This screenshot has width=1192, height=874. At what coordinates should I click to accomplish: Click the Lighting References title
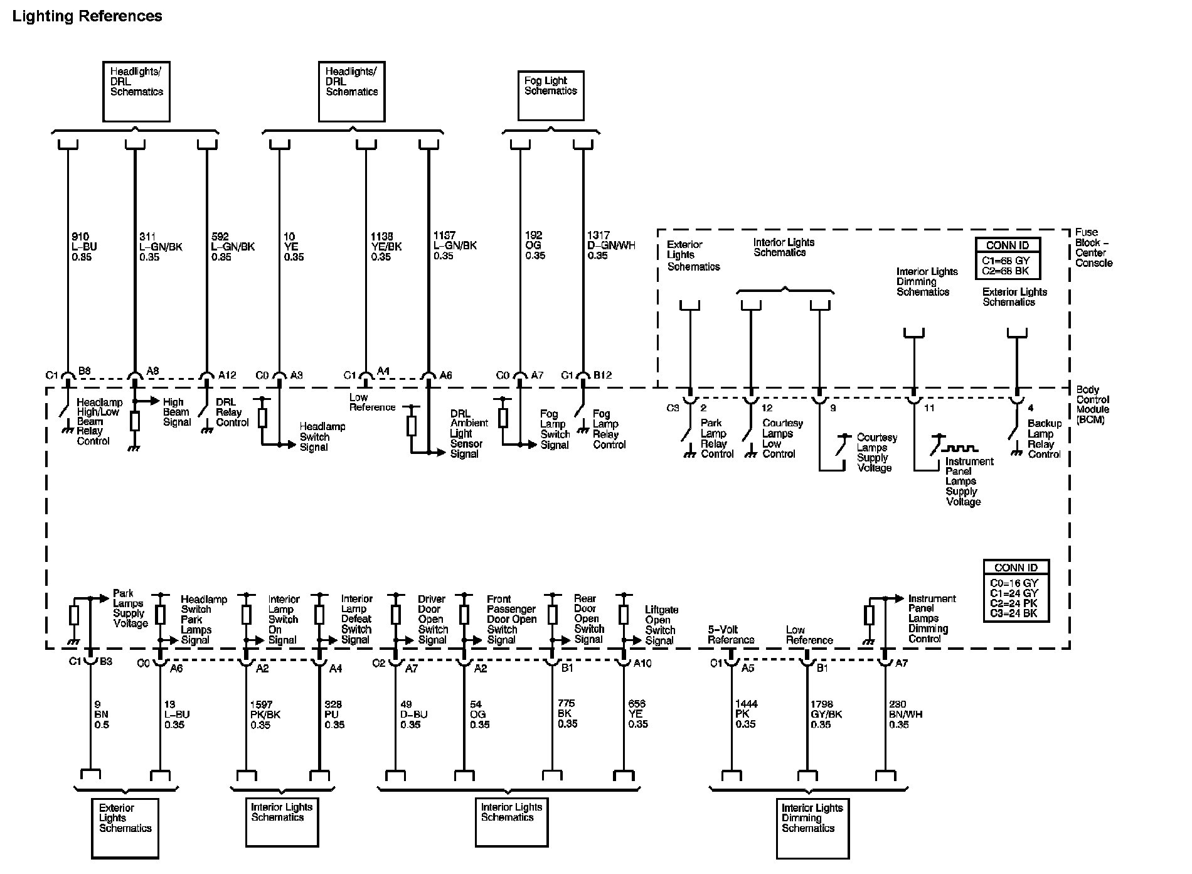click(x=87, y=16)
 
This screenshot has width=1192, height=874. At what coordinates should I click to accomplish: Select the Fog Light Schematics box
click(x=550, y=95)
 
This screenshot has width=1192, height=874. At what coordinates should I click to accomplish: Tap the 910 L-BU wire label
click(x=84, y=247)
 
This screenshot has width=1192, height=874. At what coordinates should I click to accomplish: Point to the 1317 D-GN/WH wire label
click(x=611, y=245)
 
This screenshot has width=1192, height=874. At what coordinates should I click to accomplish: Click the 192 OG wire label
click(x=535, y=245)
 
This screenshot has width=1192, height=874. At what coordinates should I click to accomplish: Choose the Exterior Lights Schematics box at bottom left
click(x=125, y=828)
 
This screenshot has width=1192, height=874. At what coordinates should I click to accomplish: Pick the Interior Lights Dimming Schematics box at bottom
click(x=812, y=828)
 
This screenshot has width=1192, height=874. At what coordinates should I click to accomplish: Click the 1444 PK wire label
click(x=745, y=714)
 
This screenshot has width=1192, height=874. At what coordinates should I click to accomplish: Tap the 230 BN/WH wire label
click(x=905, y=714)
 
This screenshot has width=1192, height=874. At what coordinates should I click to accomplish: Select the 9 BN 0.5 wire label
click(x=101, y=714)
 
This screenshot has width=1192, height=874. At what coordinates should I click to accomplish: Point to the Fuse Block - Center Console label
click(x=1094, y=247)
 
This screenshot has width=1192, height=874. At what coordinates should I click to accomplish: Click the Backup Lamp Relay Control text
click(x=1044, y=438)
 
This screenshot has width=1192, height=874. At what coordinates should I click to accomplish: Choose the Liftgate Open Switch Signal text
click(x=661, y=625)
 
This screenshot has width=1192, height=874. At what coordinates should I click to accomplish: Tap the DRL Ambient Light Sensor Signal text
click(x=468, y=433)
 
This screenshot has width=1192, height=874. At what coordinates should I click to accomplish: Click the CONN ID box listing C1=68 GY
click(x=1008, y=258)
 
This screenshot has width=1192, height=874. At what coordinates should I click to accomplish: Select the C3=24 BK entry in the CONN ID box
click(x=1014, y=613)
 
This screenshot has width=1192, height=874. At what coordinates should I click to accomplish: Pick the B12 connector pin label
click(x=602, y=375)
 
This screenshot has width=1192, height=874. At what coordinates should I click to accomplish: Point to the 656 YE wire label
click(x=637, y=714)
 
